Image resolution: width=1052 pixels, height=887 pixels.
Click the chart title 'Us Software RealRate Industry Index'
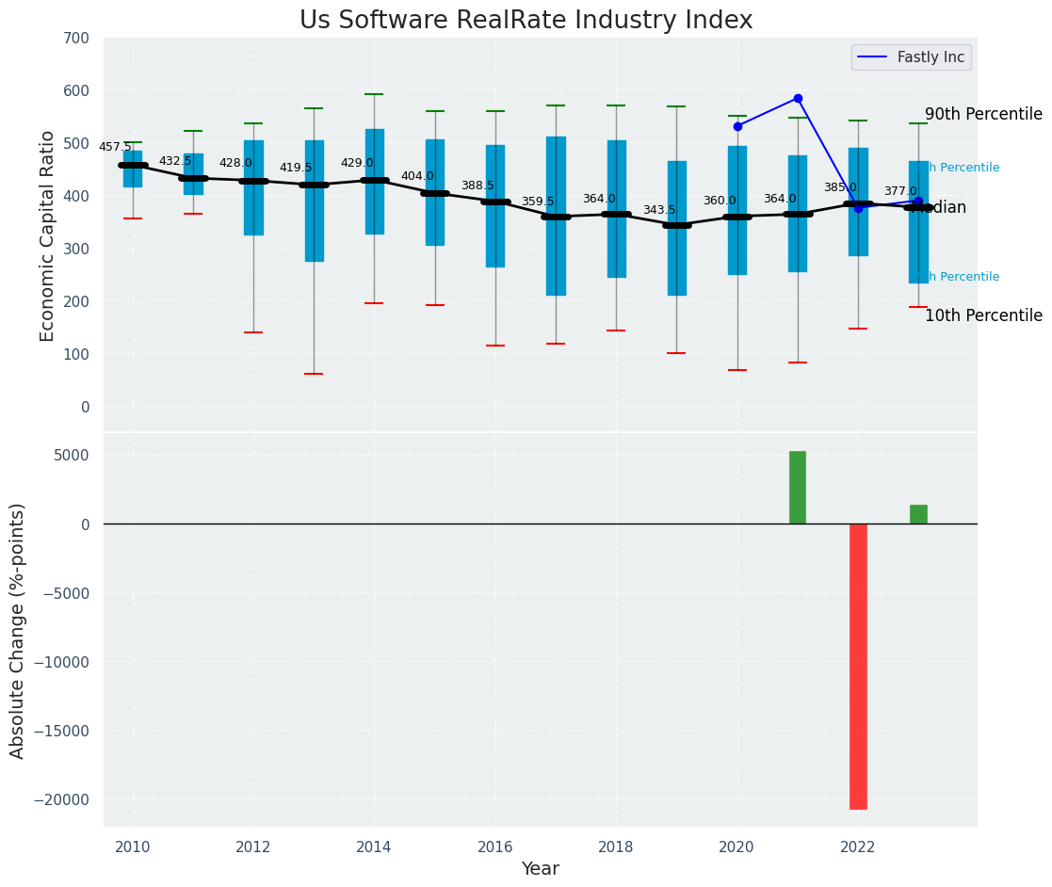click(x=526, y=21)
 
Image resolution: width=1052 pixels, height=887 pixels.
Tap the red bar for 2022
click(x=858, y=666)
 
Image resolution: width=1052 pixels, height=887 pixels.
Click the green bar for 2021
click(x=798, y=488)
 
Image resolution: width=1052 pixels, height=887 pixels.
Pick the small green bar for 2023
click(x=918, y=514)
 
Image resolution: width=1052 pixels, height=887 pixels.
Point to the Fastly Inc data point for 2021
click(x=798, y=98)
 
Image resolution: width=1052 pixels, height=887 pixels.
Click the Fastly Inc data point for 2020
click(x=737, y=126)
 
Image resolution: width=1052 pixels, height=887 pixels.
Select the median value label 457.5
click(x=115, y=147)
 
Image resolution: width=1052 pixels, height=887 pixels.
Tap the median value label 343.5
click(x=659, y=210)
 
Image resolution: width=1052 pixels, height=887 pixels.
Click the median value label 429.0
click(x=357, y=163)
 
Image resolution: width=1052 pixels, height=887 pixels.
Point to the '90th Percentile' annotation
click(x=983, y=115)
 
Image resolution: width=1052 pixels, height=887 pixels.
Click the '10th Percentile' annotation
click(x=983, y=316)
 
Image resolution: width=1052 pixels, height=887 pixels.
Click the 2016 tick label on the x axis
click(x=495, y=847)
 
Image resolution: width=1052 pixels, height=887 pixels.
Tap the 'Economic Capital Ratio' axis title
click(x=48, y=235)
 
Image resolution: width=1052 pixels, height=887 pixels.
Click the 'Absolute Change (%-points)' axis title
click(x=18, y=630)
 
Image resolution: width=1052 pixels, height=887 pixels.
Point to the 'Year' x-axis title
click(x=540, y=869)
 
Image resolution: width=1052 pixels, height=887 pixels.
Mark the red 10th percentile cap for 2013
click(x=314, y=374)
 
